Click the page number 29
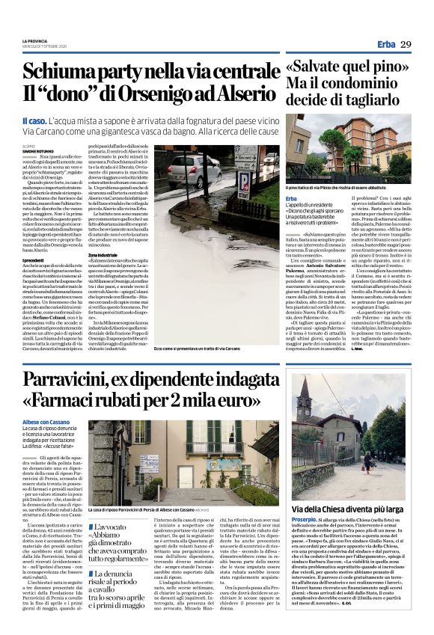click(x=405, y=45)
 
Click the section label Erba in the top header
click(x=387, y=45)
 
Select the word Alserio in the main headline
click(x=239, y=96)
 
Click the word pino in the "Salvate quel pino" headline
click(x=386, y=68)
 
